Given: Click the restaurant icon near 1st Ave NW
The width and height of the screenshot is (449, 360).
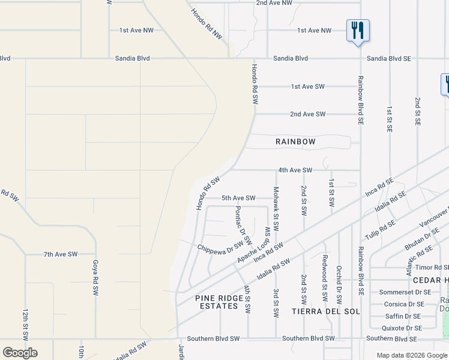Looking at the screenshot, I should (x=358, y=30).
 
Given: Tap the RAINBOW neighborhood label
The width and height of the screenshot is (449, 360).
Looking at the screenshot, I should (x=295, y=142).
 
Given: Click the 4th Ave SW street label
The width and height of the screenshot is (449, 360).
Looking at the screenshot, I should (x=295, y=170).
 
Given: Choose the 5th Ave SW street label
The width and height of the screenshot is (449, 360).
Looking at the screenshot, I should (x=238, y=198).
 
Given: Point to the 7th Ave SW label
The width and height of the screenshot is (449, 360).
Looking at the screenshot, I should (x=60, y=254).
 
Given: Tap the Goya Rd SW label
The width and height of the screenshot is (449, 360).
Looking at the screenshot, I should (x=95, y=277).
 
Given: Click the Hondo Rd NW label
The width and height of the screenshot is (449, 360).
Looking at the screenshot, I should (x=207, y=25).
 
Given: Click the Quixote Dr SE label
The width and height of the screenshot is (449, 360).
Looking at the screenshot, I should (x=402, y=328).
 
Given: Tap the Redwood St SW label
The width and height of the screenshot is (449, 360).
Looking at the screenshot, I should (x=324, y=271).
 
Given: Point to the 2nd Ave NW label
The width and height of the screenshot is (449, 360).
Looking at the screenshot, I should (x=274, y=3).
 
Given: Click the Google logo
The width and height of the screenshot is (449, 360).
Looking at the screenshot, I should (x=20, y=352).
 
